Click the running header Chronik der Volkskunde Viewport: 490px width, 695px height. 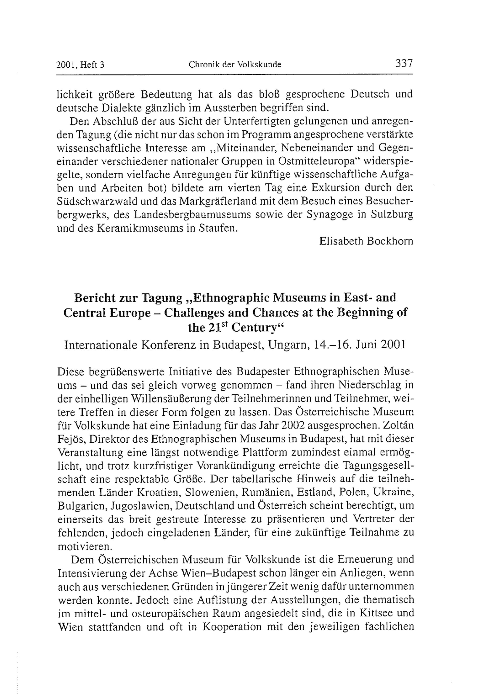(x=235, y=64)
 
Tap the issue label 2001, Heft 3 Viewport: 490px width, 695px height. (x=80, y=65)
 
